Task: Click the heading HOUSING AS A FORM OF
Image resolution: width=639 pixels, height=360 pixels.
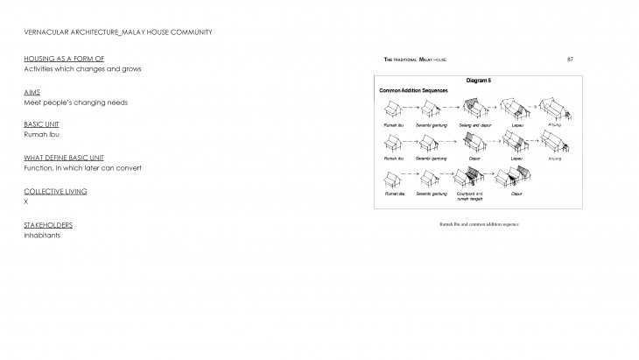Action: (57, 58)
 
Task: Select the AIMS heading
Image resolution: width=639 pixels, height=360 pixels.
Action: (32, 91)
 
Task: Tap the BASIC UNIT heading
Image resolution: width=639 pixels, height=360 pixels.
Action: (42, 124)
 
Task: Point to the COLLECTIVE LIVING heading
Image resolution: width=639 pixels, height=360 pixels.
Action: (55, 191)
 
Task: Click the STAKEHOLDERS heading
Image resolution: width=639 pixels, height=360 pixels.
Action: (48, 224)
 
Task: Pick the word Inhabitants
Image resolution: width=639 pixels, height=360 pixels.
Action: (42, 236)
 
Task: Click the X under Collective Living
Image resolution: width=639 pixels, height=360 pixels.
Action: (26, 202)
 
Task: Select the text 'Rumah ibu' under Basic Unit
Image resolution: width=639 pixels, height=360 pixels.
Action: (39, 136)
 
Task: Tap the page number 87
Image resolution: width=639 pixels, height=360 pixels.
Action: (570, 59)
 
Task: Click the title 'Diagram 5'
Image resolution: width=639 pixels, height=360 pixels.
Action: (479, 81)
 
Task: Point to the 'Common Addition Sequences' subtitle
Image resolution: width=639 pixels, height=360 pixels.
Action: (413, 90)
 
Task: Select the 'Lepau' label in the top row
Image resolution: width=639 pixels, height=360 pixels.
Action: (517, 125)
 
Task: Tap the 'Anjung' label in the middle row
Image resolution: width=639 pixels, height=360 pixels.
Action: (554, 159)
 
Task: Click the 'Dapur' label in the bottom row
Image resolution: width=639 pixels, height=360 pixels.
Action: (516, 194)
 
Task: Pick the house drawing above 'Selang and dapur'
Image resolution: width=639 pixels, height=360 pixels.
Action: (474, 109)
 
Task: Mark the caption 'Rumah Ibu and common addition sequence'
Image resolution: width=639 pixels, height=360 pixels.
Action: (479, 225)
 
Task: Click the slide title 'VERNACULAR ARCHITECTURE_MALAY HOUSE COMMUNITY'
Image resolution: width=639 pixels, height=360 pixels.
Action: (117, 32)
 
